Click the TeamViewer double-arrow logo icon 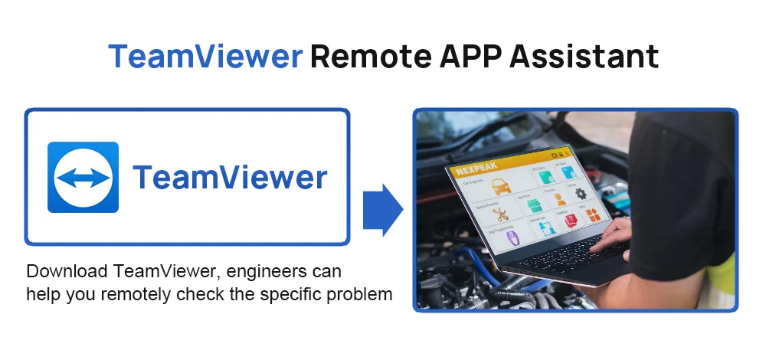point(83,177)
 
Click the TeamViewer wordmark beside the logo point(230,178)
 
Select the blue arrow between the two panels point(381,209)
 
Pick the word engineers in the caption point(263,272)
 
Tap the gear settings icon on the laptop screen point(579,194)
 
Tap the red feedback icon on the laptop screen point(570,221)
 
